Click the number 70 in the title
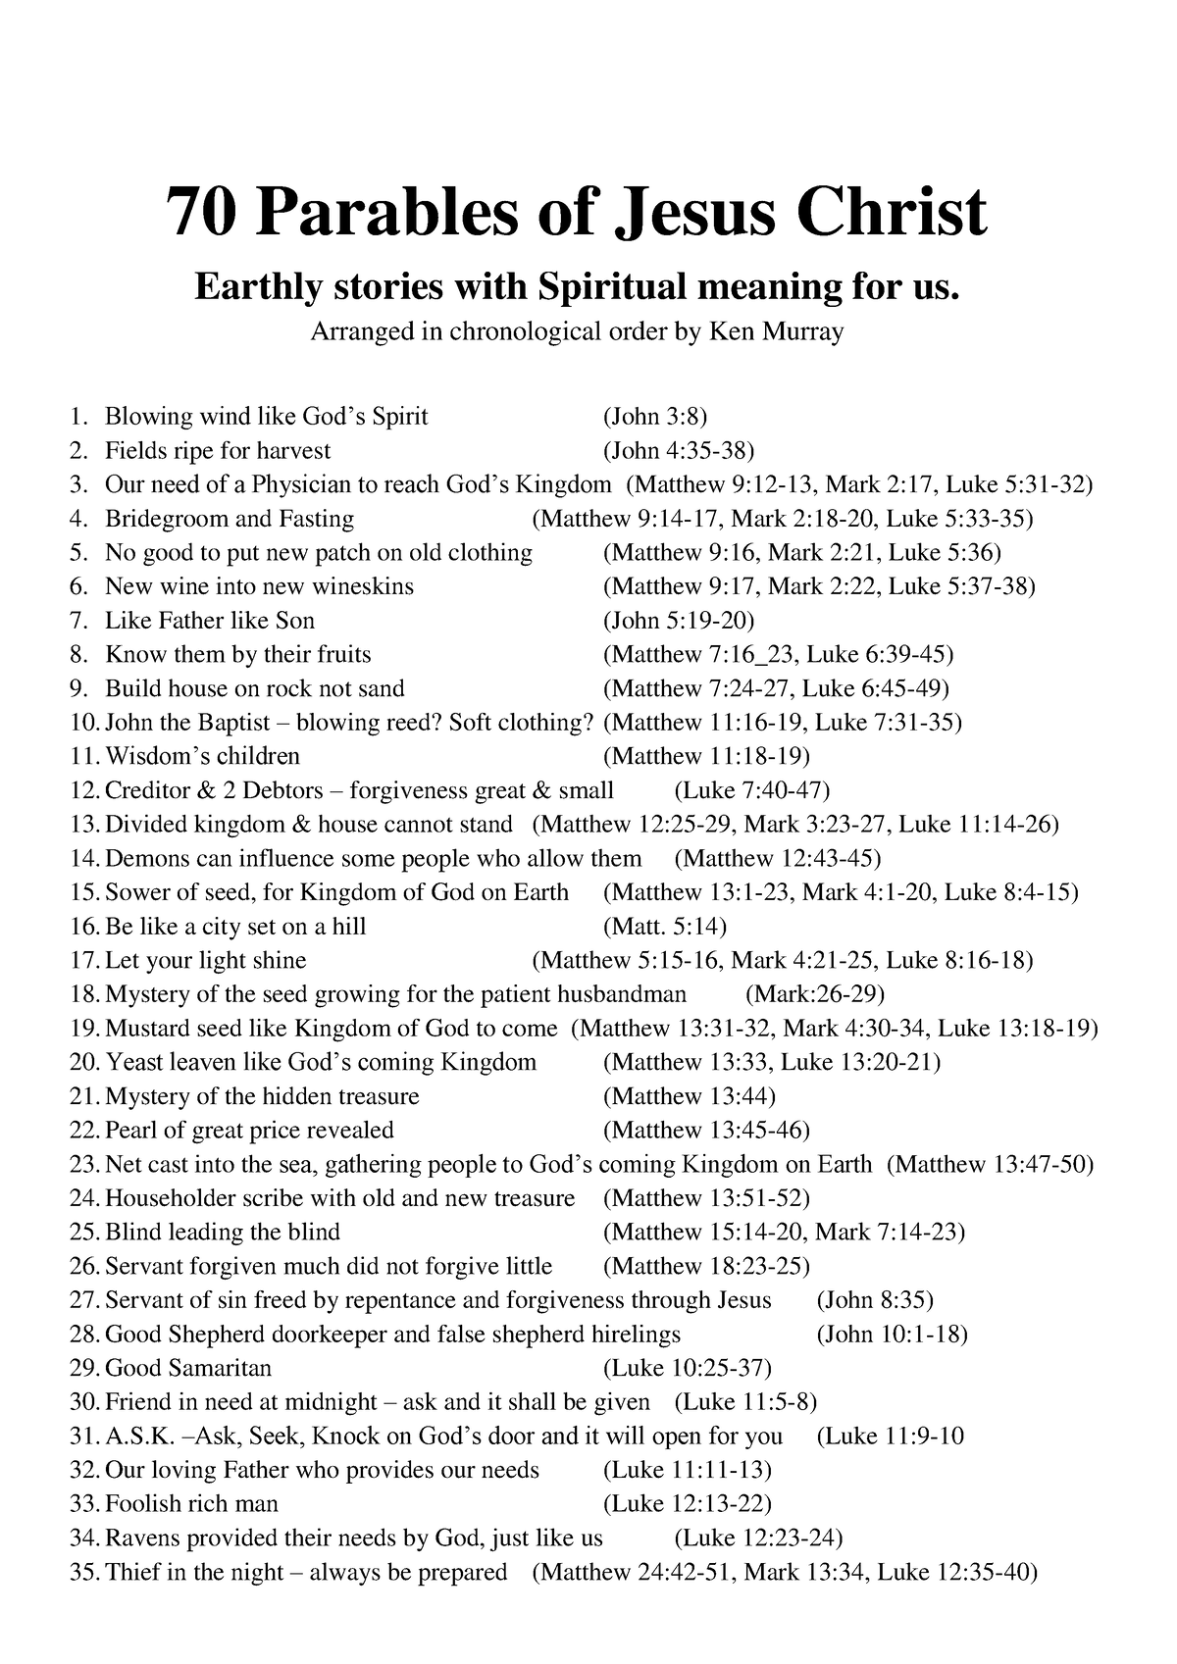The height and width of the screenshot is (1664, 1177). (200, 212)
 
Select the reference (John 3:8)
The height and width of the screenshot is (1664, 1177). (655, 417)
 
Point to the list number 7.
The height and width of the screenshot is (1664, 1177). (79, 621)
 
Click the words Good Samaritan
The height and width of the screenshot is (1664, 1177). (187, 1368)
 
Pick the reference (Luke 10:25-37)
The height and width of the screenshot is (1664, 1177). (688, 1368)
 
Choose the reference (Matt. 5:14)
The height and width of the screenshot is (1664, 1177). (665, 927)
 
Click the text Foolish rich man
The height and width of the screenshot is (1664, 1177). (191, 1504)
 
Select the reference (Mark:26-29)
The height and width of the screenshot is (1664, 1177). (815, 994)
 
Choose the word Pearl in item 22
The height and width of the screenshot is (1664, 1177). (129, 1131)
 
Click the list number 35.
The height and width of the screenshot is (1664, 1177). (84, 1572)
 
